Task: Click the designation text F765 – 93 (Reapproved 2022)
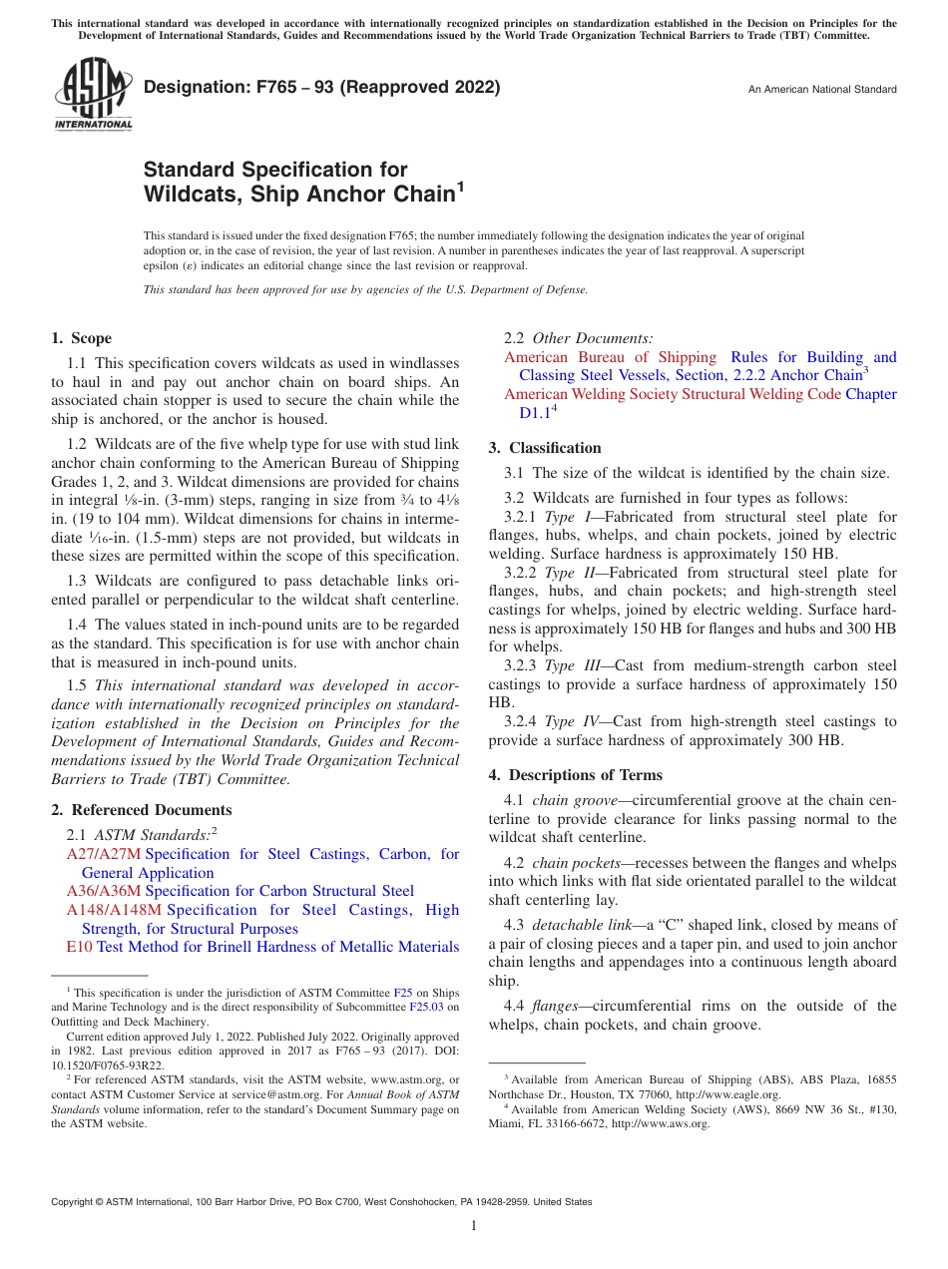click(322, 88)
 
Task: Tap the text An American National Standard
click(822, 90)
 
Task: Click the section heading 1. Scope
click(82, 338)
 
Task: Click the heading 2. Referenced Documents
click(142, 810)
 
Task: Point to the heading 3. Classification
click(545, 448)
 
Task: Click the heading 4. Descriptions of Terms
click(576, 775)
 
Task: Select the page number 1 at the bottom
click(474, 1226)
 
